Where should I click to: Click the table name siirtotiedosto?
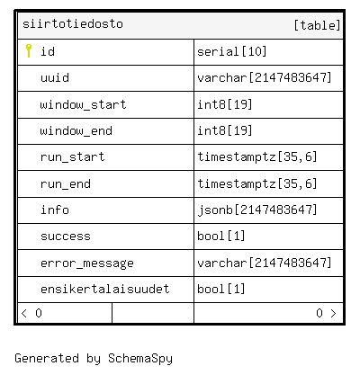pos(73,24)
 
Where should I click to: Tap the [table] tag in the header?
pos(317,25)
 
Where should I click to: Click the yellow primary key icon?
pos(29,50)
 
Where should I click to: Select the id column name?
pos(48,51)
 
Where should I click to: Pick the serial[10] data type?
pos(232,51)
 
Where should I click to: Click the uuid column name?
pos(55,78)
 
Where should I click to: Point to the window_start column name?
pos(83,104)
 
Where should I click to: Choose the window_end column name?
pos(76,131)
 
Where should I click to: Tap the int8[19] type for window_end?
pos(225,130)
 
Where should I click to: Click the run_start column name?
pos(73,157)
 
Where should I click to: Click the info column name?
pos(55,210)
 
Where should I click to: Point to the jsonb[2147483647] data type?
pos(257,210)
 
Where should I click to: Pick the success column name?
pos(66,237)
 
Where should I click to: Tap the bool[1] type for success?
pos(221,237)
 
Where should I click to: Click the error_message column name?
pos(87,263)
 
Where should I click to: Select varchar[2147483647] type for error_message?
pos(265,263)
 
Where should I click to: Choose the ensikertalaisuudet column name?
pos(105,290)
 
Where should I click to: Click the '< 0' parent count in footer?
pos(31,313)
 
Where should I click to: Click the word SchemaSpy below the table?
pos(140,359)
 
